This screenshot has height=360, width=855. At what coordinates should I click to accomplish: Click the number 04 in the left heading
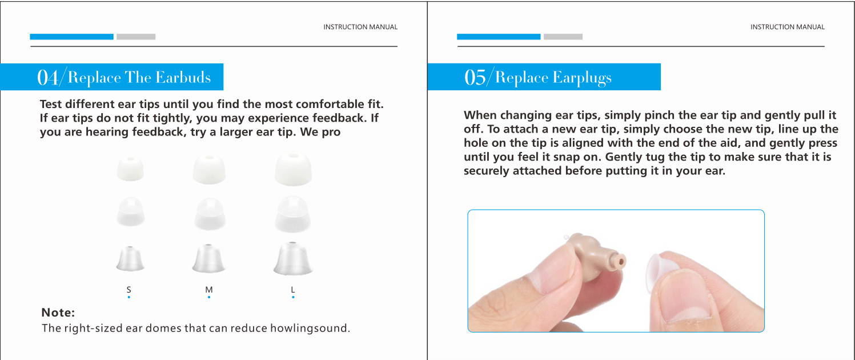[47, 78]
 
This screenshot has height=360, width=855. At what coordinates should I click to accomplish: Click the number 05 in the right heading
[475, 78]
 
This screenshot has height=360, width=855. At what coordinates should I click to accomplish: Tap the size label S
[129, 290]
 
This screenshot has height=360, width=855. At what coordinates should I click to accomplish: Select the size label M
[209, 290]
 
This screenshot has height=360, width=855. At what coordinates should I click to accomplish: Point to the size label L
[293, 290]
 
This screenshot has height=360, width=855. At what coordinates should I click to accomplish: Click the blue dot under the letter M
[209, 297]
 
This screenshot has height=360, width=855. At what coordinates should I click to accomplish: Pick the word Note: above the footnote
[58, 313]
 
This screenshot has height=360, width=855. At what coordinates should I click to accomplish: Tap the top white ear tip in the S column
[130, 169]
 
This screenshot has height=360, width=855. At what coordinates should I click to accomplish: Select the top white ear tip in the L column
[293, 169]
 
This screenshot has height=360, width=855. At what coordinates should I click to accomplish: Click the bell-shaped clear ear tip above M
[208, 258]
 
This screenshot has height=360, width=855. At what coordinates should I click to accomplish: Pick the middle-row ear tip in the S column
[130, 211]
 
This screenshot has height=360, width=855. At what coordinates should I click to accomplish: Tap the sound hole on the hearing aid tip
[621, 262]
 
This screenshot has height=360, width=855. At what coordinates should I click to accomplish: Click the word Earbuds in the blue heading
[183, 78]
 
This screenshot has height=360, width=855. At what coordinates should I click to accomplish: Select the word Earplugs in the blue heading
[582, 78]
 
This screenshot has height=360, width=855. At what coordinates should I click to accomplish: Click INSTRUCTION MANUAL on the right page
[788, 27]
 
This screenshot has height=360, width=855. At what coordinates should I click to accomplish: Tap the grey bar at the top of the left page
[136, 37]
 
